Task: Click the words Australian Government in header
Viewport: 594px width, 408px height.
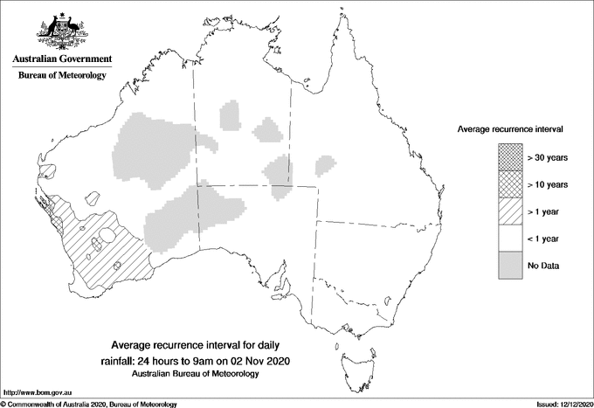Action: [x=61, y=59]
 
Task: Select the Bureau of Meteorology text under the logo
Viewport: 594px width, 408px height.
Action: [x=61, y=76]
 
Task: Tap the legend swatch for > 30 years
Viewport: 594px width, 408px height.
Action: [x=510, y=157]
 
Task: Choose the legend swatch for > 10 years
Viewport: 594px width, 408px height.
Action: [x=510, y=184]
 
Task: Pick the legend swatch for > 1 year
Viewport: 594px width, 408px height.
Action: [x=510, y=211]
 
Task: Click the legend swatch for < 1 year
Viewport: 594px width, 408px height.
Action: [x=510, y=238]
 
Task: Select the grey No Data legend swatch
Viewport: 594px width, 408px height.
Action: [x=510, y=265]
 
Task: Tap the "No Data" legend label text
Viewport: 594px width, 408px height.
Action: [x=543, y=265]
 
